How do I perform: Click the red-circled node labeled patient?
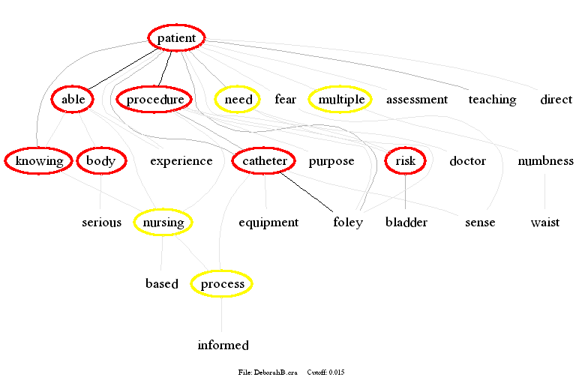click(176, 38)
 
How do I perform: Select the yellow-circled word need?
click(238, 100)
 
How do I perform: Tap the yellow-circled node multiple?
click(340, 100)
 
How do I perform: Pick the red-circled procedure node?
click(154, 100)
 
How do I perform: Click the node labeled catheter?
click(265, 161)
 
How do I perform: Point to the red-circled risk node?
click(405, 161)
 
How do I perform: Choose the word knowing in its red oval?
click(39, 161)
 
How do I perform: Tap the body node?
click(100, 161)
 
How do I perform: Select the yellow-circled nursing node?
click(163, 223)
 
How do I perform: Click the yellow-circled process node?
click(222, 284)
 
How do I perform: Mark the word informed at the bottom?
click(223, 346)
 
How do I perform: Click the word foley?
click(348, 223)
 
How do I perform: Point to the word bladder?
click(406, 223)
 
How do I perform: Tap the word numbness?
click(545, 161)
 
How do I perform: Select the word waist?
click(544, 223)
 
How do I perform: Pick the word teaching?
click(492, 100)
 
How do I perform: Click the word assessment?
click(416, 100)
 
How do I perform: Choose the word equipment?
click(268, 223)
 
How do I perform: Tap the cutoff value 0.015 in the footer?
click(336, 372)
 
